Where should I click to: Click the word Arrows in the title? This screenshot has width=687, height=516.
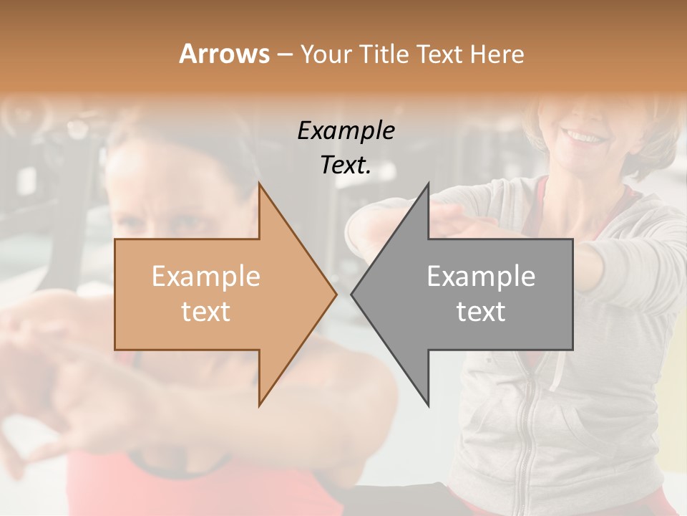point(225,54)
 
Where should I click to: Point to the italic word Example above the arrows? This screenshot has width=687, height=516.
point(346,131)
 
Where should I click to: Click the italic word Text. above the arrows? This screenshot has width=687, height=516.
point(346,166)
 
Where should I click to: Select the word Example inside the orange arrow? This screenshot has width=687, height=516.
point(206,277)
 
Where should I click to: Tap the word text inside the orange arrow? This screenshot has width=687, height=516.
point(206,312)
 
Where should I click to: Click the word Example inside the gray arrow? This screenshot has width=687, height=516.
point(481,277)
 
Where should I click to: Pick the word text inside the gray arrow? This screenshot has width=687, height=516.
point(481,312)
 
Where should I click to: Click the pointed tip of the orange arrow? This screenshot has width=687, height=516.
point(336,294)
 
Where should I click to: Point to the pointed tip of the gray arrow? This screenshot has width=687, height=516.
point(352,294)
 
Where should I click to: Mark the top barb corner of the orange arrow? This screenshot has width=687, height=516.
point(259,184)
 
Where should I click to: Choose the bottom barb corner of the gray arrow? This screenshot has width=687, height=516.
point(428,405)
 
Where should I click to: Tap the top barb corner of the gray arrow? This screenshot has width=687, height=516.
point(428,184)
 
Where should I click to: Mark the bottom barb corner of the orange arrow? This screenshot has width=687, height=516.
point(259,405)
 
